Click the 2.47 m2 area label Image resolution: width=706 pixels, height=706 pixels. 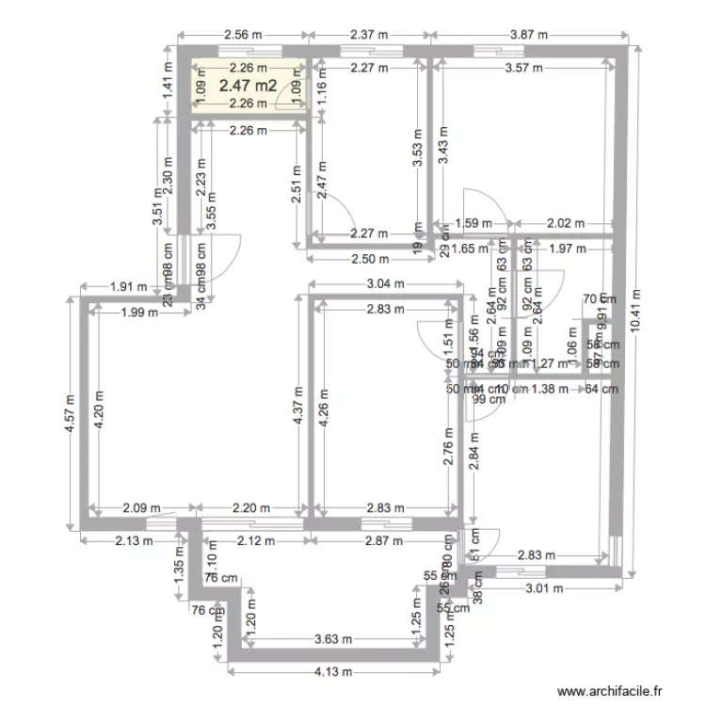[x=248, y=86]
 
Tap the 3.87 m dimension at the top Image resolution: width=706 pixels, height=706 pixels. [x=528, y=36]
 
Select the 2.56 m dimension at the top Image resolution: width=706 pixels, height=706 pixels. [x=242, y=36]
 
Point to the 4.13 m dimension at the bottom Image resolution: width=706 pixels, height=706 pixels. [x=333, y=672]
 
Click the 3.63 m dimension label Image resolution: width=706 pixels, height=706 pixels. [x=333, y=640]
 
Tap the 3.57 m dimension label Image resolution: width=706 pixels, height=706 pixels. [x=523, y=67]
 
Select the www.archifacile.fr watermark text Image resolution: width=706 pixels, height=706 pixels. [x=611, y=689]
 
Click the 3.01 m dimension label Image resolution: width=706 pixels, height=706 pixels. [x=542, y=589]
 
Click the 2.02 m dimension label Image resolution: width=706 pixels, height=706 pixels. [x=566, y=224]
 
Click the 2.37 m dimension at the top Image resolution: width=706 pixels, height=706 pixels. [x=369, y=36]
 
